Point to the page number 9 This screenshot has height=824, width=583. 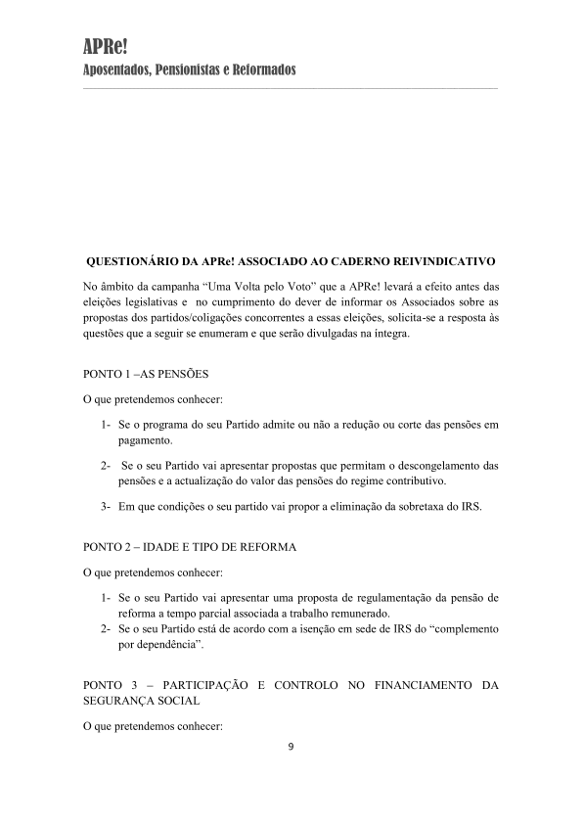[291, 748]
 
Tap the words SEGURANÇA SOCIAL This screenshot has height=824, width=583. [143, 701]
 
